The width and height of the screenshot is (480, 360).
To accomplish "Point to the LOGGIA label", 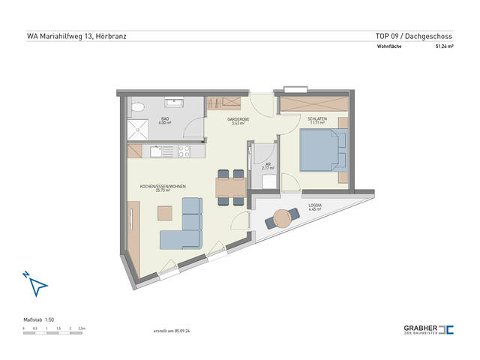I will pos(315,207).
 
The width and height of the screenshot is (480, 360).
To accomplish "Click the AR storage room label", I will pos(267,166).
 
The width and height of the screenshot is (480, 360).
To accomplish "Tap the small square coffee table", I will pos(163,213).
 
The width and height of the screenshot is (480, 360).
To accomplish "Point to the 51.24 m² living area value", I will pos(445,46).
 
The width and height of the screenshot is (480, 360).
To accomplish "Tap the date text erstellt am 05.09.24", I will pos(172,331).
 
